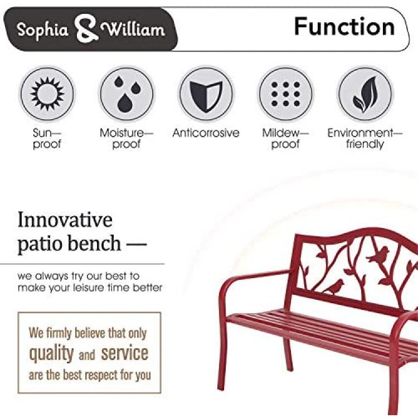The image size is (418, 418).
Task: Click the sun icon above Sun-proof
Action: click(x=47, y=94)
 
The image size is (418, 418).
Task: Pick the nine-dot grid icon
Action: click(x=285, y=94)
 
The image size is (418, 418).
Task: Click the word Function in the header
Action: click(x=344, y=26)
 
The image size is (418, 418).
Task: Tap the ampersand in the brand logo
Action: click(x=86, y=29)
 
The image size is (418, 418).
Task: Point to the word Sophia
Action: click(x=43, y=30)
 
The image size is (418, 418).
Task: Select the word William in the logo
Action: click(x=133, y=30)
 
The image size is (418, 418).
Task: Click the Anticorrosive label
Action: click(x=206, y=133)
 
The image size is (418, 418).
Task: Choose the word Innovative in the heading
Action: click(x=65, y=220)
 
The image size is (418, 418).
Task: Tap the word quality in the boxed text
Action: click(x=51, y=354)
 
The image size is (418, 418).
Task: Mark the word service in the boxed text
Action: click(x=124, y=353)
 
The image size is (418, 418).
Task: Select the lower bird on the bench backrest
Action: click(x=334, y=287)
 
